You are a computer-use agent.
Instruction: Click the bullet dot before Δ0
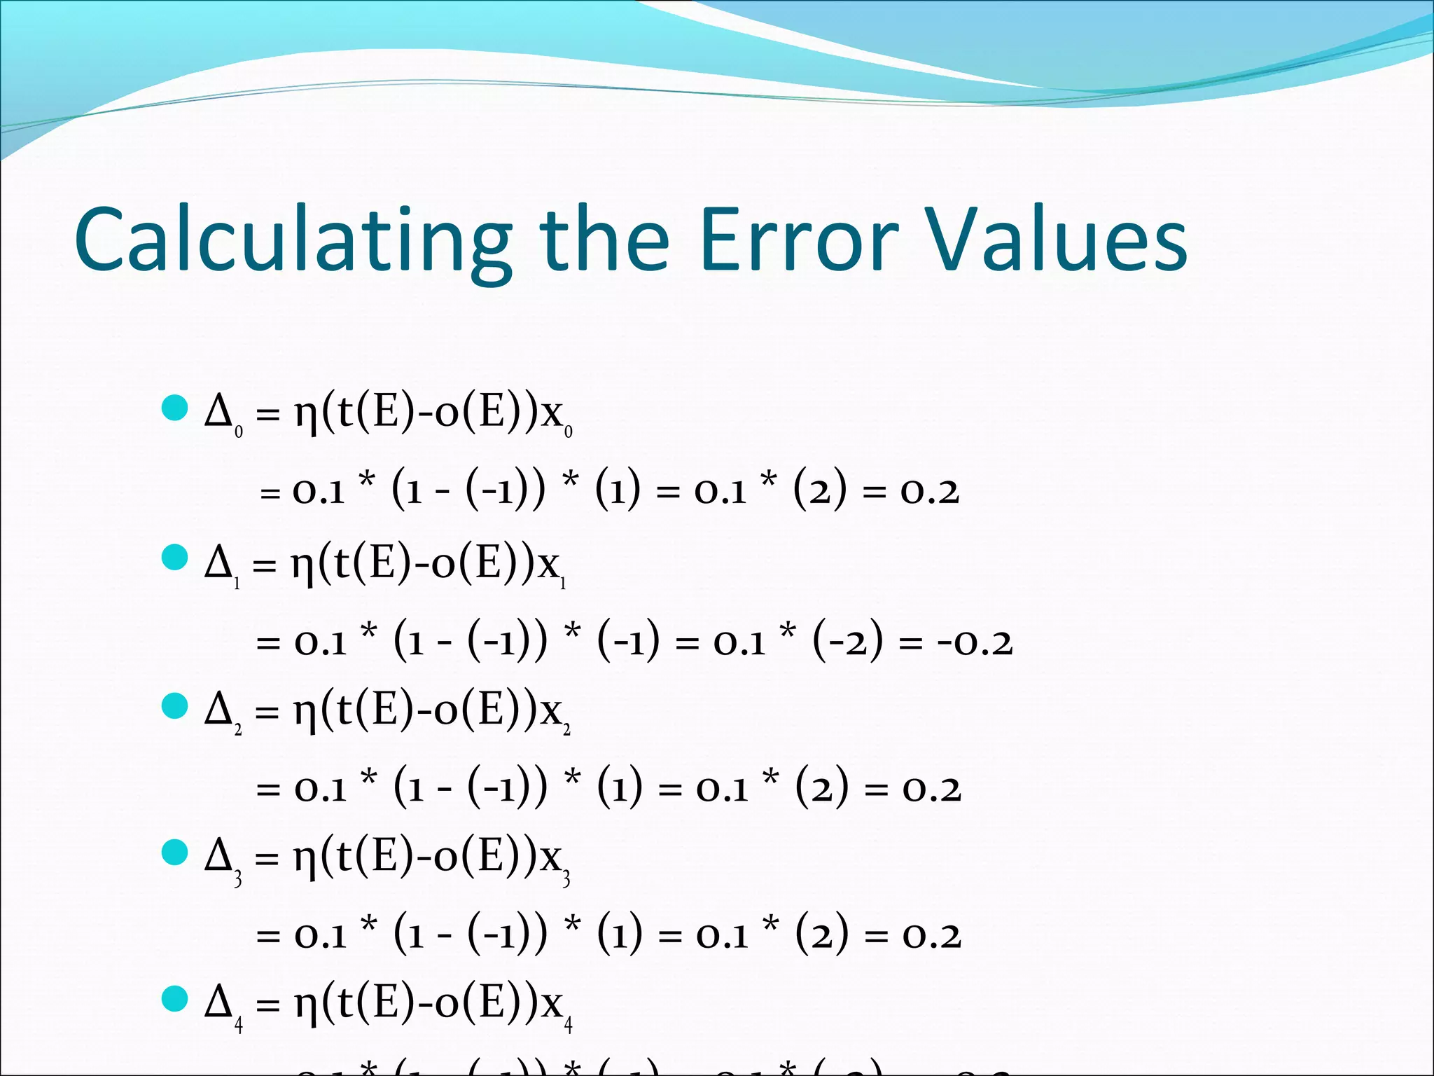pyautogui.click(x=174, y=408)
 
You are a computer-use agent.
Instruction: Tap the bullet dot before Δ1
pyautogui.click(x=174, y=558)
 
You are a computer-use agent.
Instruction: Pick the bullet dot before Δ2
pyautogui.click(x=174, y=706)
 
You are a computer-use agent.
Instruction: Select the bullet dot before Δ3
pyautogui.click(x=174, y=853)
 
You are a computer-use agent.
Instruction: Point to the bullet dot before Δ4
pyautogui.click(x=174, y=1000)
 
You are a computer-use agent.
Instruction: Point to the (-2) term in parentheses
pyautogui.click(x=848, y=641)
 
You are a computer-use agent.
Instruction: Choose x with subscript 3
pyautogui.click(x=554, y=859)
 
